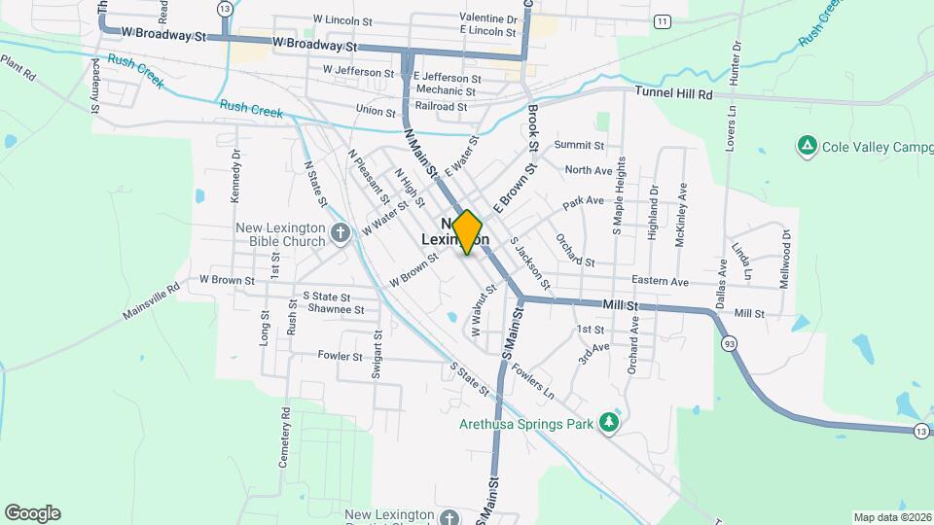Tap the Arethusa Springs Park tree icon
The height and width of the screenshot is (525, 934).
pos(608,423)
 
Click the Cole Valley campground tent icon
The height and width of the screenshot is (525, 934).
pos(806,146)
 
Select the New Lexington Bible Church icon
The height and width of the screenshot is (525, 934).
pos(340,232)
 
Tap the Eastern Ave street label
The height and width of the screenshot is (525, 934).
pos(660,281)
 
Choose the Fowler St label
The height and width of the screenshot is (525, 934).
pos(341,356)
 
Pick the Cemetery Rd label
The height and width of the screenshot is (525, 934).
pos(285,437)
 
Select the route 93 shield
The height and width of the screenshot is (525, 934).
pos(728,343)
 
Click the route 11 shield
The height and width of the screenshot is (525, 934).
pos(663,20)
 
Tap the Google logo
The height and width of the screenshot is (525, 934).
pos(32,513)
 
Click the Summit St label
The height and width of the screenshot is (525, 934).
pos(579,145)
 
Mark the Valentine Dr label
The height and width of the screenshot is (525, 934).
pos(488,18)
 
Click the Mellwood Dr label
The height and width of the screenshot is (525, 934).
pos(785,256)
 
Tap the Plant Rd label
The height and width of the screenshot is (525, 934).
pos(18,67)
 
